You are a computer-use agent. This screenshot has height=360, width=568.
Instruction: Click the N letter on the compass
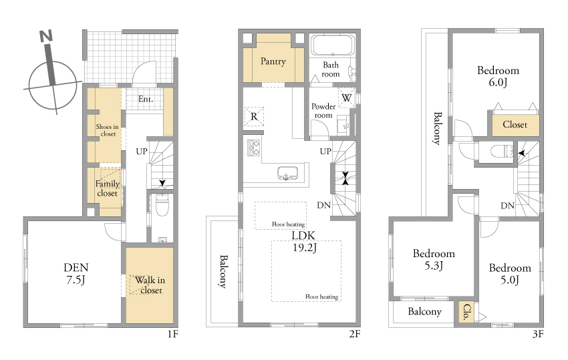pos(46,36)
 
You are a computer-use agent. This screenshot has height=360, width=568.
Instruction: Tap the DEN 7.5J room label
pos(76,273)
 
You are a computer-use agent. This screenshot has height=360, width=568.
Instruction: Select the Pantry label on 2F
pos(273,61)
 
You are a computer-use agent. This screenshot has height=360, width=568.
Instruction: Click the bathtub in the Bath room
pos(333,45)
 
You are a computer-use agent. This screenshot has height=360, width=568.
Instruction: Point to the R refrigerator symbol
pos(254,117)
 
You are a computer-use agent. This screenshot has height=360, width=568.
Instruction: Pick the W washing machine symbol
pos(346,98)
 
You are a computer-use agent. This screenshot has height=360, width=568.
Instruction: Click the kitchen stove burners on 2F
pos(253,148)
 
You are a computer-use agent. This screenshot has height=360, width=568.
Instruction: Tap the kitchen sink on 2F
pos(287,173)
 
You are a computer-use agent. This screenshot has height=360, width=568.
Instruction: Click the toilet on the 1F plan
pos(162,204)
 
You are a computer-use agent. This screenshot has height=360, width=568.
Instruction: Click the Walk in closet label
pos(150,285)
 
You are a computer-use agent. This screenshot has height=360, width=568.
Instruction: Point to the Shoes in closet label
pos(107,130)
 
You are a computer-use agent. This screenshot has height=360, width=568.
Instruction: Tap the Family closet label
pos(107,188)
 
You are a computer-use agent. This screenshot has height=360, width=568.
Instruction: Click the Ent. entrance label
pos(146,99)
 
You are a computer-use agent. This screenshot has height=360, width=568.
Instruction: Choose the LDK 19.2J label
pos(303,241)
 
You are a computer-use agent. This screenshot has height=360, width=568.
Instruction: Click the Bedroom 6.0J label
pos(498,76)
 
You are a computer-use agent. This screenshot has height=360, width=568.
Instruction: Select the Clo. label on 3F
pos(467,311)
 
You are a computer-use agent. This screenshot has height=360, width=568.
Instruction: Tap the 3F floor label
pos(538,333)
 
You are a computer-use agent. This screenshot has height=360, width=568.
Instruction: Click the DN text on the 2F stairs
pos(324,205)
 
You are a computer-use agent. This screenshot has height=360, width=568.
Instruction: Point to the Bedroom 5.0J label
pos(510,274)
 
